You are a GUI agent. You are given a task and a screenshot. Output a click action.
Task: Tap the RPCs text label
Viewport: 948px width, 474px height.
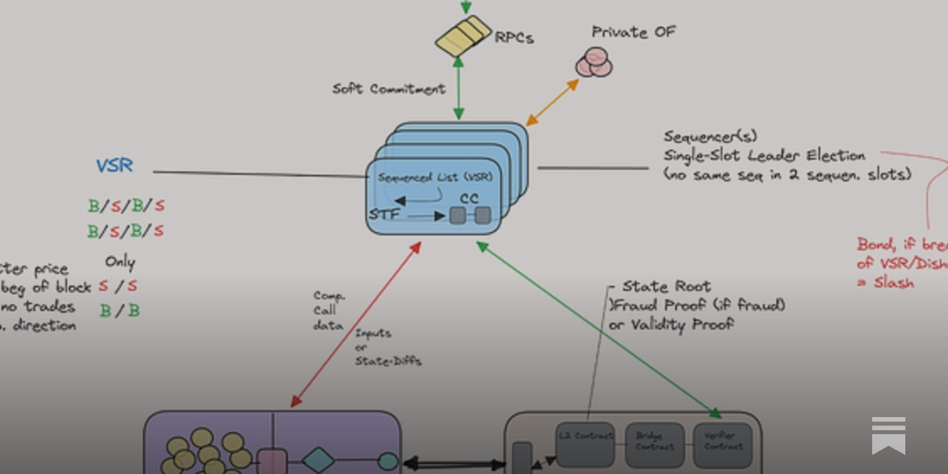click(514, 37)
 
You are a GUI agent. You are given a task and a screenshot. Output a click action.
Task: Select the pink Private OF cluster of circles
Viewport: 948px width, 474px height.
click(594, 63)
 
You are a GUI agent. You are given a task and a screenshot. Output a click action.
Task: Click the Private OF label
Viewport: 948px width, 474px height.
click(633, 32)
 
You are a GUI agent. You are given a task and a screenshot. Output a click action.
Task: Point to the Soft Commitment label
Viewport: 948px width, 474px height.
click(389, 89)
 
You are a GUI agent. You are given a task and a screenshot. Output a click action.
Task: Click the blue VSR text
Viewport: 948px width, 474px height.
click(115, 165)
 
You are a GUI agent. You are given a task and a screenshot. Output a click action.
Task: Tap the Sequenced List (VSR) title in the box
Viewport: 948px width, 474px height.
click(435, 177)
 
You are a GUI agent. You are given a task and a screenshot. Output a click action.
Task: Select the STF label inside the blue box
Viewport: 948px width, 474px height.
click(384, 214)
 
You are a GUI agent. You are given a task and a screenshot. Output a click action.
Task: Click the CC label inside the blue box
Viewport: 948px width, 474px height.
click(469, 199)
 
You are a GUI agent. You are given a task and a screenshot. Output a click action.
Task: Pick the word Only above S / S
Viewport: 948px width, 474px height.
click(120, 261)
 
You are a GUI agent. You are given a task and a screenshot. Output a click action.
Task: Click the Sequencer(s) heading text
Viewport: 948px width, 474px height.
click(710, 137)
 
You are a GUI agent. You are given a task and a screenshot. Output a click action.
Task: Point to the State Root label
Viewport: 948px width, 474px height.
click(666, 287)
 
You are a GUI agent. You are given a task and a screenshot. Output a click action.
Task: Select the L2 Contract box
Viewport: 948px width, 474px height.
click(585, 444)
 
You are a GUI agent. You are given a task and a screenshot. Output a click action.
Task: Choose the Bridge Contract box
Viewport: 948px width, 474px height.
click(655, 444)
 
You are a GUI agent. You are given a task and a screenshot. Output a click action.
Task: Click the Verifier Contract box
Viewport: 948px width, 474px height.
click(723, 444)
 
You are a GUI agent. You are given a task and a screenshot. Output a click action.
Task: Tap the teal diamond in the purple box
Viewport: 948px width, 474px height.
click(318, 460)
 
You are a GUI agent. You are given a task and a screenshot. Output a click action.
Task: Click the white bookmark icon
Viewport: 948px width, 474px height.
click(888, 435)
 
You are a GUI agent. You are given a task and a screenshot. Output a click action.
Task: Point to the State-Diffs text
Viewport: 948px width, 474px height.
click(388, 361)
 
